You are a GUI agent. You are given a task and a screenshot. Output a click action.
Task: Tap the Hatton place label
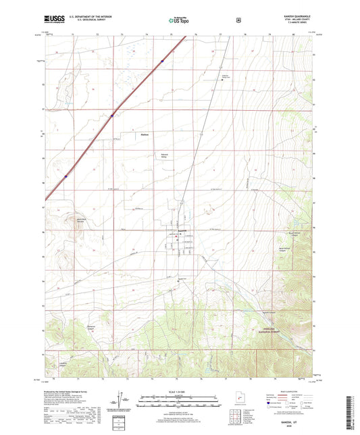(x=144, y=134)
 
